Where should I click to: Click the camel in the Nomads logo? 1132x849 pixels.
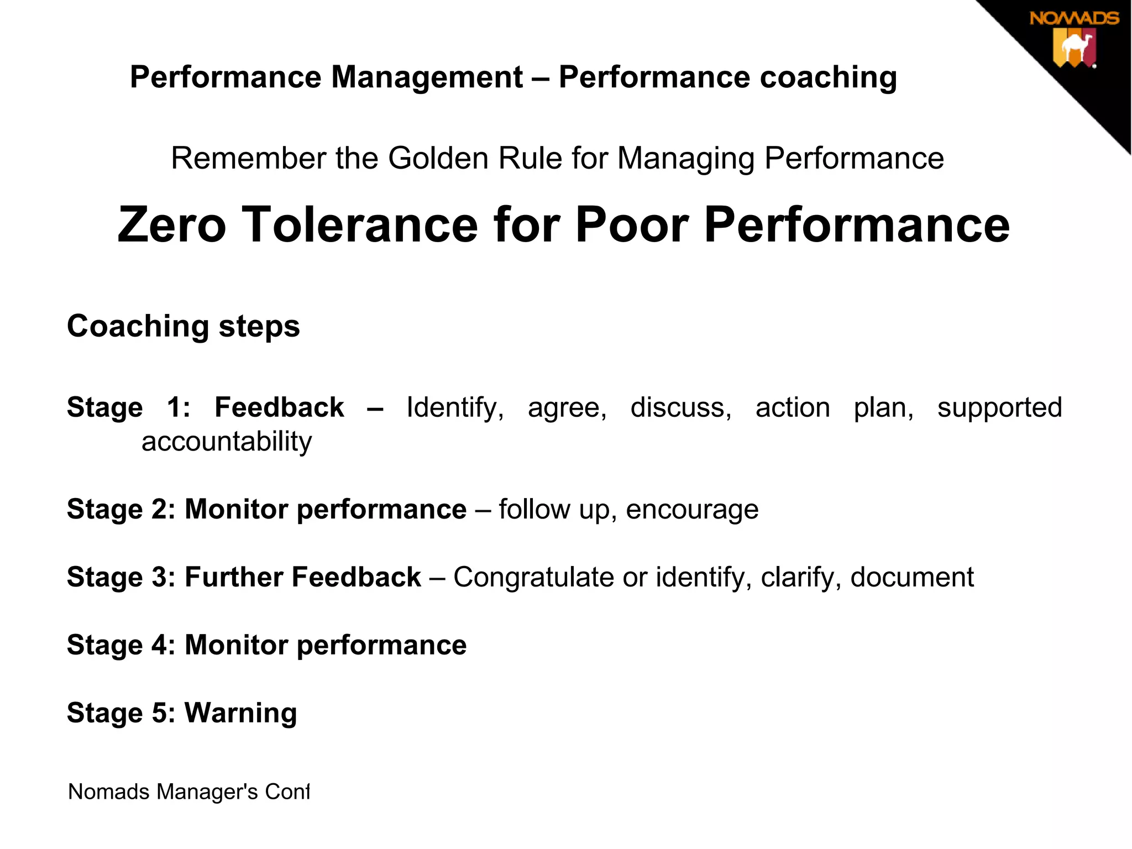[1076, 48]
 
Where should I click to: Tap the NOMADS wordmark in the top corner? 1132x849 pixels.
[1074, 19]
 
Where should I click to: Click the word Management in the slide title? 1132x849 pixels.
[427, 77]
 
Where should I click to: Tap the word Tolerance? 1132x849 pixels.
[360, 225]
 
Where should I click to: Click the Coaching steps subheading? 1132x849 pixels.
[184, 326]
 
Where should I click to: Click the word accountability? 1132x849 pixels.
[227, 442]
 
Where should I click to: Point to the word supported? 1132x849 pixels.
[999, 408]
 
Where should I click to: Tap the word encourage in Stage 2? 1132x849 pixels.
[692, 510]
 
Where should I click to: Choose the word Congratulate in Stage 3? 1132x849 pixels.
[533, 577]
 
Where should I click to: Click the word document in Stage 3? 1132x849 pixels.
[912, 577]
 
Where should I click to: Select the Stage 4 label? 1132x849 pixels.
[121, 645]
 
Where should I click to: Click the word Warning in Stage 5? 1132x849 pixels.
[240, 713]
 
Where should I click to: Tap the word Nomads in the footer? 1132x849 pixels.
[108, 792]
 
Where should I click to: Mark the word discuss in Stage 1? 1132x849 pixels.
[680, 407]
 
